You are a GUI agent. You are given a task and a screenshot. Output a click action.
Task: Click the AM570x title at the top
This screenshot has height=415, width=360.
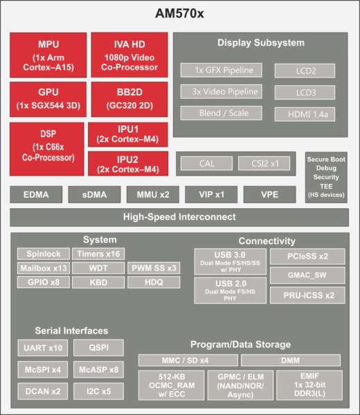(x=179, y=13)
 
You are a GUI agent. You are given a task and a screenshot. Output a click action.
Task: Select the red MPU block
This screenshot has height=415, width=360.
(x=48, y=55)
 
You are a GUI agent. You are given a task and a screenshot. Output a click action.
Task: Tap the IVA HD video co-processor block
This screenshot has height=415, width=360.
(x=129, y=55)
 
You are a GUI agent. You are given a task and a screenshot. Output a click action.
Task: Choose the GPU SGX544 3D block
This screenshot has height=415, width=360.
(x=48, y=99)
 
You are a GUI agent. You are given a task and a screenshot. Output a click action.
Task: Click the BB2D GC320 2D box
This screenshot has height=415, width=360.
(x=129, y=99)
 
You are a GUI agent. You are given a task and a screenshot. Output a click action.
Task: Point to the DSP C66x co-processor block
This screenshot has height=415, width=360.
(x=47, y=149)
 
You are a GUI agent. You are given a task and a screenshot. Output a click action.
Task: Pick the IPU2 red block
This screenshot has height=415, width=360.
(x=128, y=163)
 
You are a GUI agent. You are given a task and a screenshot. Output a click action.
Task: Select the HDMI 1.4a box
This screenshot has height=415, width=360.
(x=305, y=114)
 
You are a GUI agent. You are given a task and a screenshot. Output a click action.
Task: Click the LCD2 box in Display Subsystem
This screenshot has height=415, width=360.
(x=305, y=71)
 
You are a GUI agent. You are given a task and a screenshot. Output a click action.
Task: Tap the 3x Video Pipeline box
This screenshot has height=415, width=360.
(x=221, y=91)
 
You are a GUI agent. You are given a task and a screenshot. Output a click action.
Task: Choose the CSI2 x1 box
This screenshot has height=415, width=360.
(x=264, y=163)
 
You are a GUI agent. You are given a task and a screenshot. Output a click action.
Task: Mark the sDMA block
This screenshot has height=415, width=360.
(x=94, y=194)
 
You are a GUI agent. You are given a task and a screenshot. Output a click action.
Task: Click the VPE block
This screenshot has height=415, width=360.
(x=270, y=194)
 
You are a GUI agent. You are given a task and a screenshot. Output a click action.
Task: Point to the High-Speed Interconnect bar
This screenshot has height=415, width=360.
(x=179, y=217)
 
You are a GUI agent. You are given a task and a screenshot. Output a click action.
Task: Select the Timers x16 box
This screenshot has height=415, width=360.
(x=98, y=254)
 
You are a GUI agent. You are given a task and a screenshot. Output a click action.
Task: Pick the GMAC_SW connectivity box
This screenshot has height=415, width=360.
(x=307, y=275)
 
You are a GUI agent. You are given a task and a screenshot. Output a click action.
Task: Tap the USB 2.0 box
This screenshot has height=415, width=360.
(x=231, y=290)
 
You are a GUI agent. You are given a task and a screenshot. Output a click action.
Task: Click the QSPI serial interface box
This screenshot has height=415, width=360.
(x=98, y=348)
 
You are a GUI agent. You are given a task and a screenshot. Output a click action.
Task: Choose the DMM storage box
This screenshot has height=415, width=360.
(x=291, y=360)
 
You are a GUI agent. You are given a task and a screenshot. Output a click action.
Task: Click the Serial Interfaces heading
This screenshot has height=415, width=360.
(x=71, y=331)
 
